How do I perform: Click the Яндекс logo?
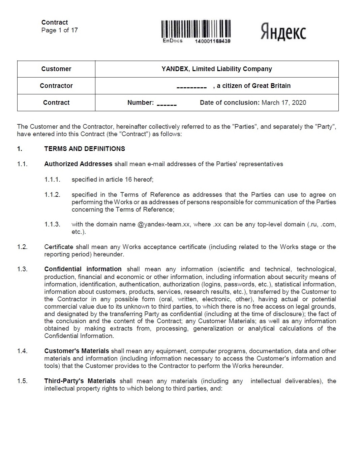[x=283, y=32]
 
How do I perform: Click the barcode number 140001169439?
[x=213, y=41]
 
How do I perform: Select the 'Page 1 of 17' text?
[x=60, y=30]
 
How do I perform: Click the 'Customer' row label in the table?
[x=56, y=69]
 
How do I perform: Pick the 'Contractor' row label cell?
[x=56, y=86]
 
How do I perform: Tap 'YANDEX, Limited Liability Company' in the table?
[x=217, y=69]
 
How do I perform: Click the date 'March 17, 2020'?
[x=284, y=103]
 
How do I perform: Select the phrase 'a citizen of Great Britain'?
[x=253, y=86]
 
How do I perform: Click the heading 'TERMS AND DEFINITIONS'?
[x=85, y=149]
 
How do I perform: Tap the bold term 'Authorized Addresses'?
[x=78, y=164]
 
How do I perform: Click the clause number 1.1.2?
[x=52, y=195]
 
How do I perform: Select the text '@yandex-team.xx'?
[x=163, y=224]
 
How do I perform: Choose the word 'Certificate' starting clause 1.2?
[x=59, y=247]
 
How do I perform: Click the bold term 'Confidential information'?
[x=83, y=269]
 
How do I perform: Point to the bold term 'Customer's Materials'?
[x=77, y=351]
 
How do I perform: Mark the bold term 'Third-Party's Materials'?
[x=80, y=381]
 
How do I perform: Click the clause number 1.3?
[x=22, y=269]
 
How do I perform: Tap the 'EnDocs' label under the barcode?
[x=173, y=41]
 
